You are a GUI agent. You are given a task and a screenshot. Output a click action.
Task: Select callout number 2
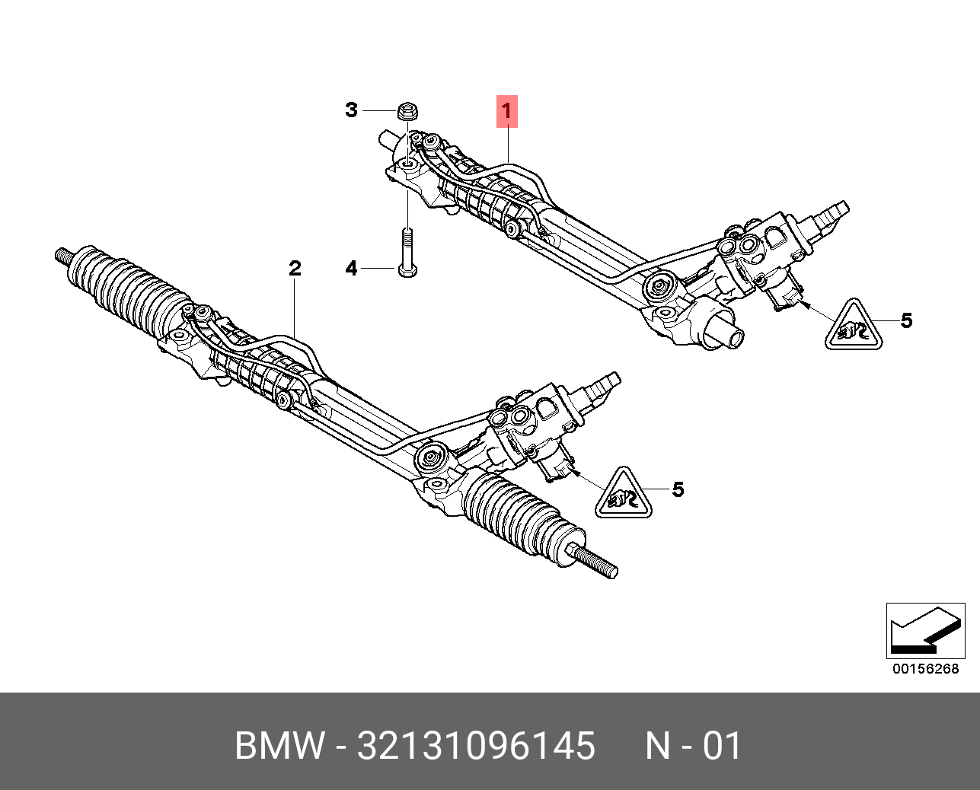[295, 268]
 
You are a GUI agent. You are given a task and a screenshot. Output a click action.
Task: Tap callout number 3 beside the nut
[350, 110]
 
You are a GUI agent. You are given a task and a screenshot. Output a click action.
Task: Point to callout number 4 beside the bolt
[350, 269]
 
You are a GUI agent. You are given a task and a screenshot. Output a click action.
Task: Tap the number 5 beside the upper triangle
[905, 320]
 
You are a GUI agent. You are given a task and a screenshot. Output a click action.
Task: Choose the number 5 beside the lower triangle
[678, 489]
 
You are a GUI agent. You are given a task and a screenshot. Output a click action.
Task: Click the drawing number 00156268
[925, 669]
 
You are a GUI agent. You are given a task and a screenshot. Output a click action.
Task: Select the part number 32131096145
[476, 746]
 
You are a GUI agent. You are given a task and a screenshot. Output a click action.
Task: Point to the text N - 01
[693, 746]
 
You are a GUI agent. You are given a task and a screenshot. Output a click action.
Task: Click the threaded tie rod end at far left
[64, 256]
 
